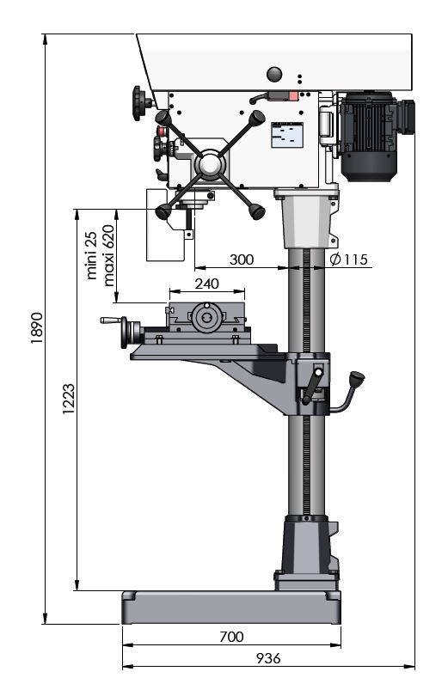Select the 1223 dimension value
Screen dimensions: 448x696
(69, 399)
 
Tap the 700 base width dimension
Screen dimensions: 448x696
(231, 637)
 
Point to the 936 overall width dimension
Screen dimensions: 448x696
(268, 658)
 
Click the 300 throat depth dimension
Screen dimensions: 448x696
(241, 259)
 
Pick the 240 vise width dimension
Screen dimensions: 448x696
(206, 284)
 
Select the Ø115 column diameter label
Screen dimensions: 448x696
(349, 259)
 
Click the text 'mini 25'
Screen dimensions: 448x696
(91, 255)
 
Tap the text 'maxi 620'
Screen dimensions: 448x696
(108, 255)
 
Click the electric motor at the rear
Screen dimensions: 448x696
(374, 135)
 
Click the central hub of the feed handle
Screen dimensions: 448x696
(210, 164)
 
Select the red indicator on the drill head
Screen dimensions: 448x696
(293, 96)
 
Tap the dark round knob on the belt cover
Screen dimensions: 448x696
(275, 75)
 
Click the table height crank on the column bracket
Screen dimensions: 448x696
(313, 385)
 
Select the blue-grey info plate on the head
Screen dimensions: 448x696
(287, 135)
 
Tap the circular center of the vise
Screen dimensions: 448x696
(206, 317)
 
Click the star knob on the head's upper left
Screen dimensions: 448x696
(140, 103)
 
